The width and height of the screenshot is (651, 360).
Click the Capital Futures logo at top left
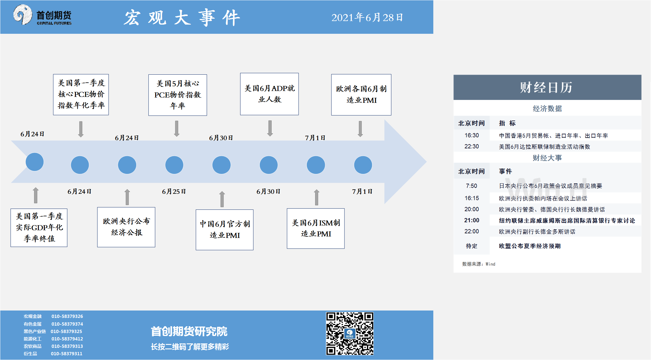42,15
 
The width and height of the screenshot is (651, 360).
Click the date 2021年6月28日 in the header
367,17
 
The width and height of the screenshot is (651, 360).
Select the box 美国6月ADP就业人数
270,94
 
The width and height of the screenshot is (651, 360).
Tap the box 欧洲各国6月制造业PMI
361,95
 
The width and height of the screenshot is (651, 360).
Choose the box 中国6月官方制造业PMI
225,230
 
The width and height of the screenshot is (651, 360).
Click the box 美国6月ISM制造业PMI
316,228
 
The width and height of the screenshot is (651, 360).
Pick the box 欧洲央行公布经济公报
126,227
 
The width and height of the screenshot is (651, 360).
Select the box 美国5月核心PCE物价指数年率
178,95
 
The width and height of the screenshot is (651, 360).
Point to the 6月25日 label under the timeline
174,191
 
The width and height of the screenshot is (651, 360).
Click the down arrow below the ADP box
270,128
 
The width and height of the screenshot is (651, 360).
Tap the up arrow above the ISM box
317,197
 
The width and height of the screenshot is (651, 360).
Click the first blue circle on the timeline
35,162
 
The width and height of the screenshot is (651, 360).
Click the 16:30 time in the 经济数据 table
472,135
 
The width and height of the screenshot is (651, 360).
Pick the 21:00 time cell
472,220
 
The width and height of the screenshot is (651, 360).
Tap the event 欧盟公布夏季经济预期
530,246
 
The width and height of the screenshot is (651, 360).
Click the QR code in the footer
350,333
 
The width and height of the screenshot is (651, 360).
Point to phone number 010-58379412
67,339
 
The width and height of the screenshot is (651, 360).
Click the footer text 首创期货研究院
189,331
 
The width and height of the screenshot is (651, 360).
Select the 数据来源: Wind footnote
479,264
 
